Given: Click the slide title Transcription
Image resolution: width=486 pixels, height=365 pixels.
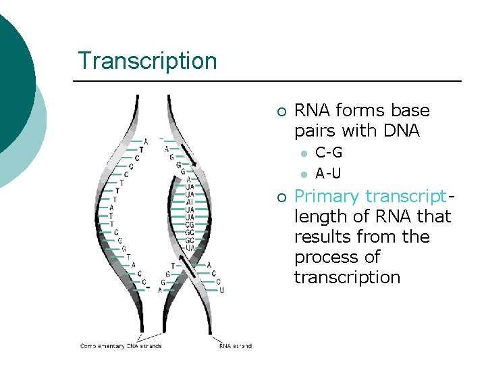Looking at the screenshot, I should click(147, 61).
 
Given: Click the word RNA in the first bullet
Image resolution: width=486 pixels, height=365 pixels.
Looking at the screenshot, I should click(312, 110).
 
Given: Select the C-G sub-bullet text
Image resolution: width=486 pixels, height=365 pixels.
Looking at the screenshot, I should click(329, 153).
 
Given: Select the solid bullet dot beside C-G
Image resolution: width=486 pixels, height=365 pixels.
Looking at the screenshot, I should click(304, 153).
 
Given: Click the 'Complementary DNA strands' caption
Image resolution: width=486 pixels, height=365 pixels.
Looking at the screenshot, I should click(121, 346).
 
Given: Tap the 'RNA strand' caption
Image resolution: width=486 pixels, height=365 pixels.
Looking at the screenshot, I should click(235, 346).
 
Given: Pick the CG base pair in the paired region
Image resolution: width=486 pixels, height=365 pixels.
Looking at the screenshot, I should click(190, 224).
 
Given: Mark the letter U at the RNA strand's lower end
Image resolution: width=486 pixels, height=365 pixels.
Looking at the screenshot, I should click(221, 289).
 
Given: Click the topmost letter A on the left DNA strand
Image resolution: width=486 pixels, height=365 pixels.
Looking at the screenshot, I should click(144, 141).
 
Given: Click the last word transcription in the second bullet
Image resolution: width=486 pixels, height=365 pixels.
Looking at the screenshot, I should click(347, 278).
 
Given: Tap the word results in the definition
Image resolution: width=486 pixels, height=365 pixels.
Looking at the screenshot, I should click(320, 237).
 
